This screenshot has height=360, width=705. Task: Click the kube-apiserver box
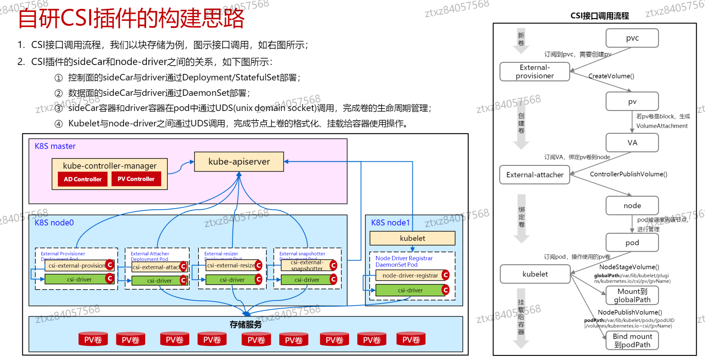(239, 162)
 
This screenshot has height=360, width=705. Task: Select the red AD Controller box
(83, 179)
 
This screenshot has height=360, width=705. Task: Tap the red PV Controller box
(136, 179)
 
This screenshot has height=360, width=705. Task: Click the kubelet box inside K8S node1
(412, 238)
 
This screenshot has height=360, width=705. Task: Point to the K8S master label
(55, 146)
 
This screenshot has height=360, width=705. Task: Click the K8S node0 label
(54, 223)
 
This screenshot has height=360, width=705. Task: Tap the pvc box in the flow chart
(632, 38)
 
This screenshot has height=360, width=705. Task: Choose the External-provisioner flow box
(534, 72)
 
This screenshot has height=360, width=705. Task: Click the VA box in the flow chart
(632, 143)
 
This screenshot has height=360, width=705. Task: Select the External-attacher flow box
(534, 175)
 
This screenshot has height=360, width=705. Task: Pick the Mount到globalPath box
(632, 295)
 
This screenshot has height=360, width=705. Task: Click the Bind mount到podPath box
(632, 340)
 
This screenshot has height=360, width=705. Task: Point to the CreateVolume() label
(611, 76)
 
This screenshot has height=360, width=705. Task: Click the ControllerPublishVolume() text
(628, 174)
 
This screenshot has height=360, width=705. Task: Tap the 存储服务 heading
(246, 324)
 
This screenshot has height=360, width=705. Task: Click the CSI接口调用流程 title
(599, 16)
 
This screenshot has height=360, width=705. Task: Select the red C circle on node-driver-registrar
(445, 275)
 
